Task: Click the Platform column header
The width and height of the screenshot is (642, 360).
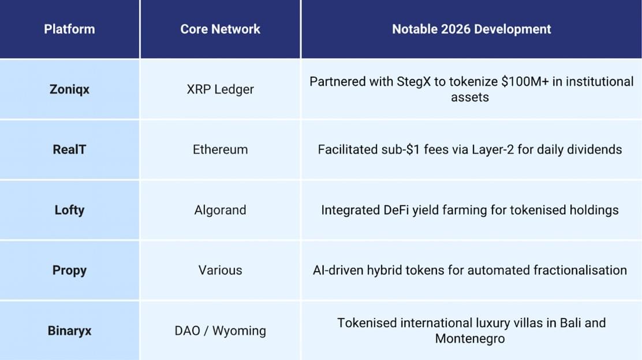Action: pyautogui.click(x=69, y=29)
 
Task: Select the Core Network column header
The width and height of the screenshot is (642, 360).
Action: pyautogui.click(x=221, y=29)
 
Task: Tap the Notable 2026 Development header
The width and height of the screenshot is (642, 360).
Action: pyautogui.click(x=471, y=29)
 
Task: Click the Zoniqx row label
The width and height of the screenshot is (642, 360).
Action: pyautogui.click(x=69, y=89)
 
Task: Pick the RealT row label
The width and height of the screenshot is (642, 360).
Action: pyautogui.click(x=69, y=149)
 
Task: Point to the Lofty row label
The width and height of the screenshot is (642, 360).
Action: pyautogui.click(x=69, y=210)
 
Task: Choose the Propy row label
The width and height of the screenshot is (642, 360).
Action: pyautogui.click(x=69, y=270)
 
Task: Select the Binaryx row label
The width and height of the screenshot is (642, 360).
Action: pyautogui.click(x=69, y=331)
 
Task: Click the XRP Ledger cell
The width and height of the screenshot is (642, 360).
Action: pyautogui.click(x=221, y=89)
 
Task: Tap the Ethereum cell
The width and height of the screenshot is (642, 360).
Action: pyautogui.click(x=221, y=149)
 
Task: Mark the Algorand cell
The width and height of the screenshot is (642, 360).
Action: pyautogui.click(x=221, y=210)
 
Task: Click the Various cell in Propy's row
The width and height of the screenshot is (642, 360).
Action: pyautogui.click(x=221, y=270)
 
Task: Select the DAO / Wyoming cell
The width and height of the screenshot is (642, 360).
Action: pyautogui.click(x=221, y=331)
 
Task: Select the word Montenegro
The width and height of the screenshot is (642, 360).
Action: pyautogui.click(x=469, y=339)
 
